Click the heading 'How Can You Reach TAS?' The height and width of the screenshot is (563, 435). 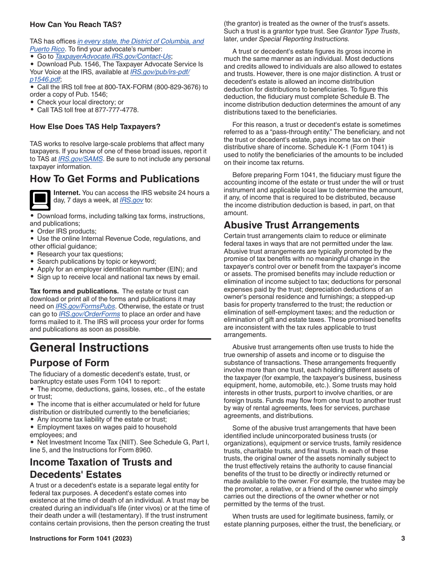coord(76,24)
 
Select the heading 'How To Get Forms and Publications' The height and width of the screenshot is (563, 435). coord(114,179)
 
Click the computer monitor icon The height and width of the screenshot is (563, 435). coord(40,199)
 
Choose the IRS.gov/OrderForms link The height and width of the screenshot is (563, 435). coord(89,314)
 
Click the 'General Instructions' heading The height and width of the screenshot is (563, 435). coord(89,347)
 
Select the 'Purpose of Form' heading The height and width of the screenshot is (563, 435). coord(70,363)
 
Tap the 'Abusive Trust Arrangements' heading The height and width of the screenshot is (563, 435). coord(291,225)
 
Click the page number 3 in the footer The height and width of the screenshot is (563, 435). coord(403,538)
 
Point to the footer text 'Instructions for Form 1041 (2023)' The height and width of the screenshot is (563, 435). coord(81,538)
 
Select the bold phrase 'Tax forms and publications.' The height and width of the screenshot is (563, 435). coord(74,291)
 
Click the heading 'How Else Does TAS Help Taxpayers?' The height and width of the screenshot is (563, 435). coord(95,127)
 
